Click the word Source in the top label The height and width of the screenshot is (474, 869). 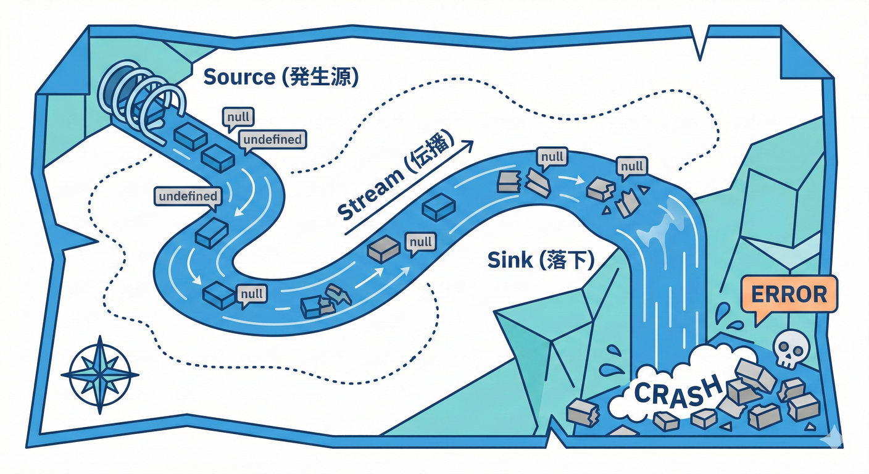[238, 77]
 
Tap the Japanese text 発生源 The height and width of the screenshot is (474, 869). [320, 77]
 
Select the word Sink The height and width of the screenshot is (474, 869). [509, 260]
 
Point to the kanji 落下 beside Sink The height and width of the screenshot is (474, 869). [567, 260]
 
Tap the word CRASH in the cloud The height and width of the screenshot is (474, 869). [678, 391]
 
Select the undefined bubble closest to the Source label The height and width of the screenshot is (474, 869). [272, 139]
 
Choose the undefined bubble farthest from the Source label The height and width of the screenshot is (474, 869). [188, 196]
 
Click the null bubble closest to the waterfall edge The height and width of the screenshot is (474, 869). [631, 166]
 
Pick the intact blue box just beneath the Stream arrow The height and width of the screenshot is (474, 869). [439, 207]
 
